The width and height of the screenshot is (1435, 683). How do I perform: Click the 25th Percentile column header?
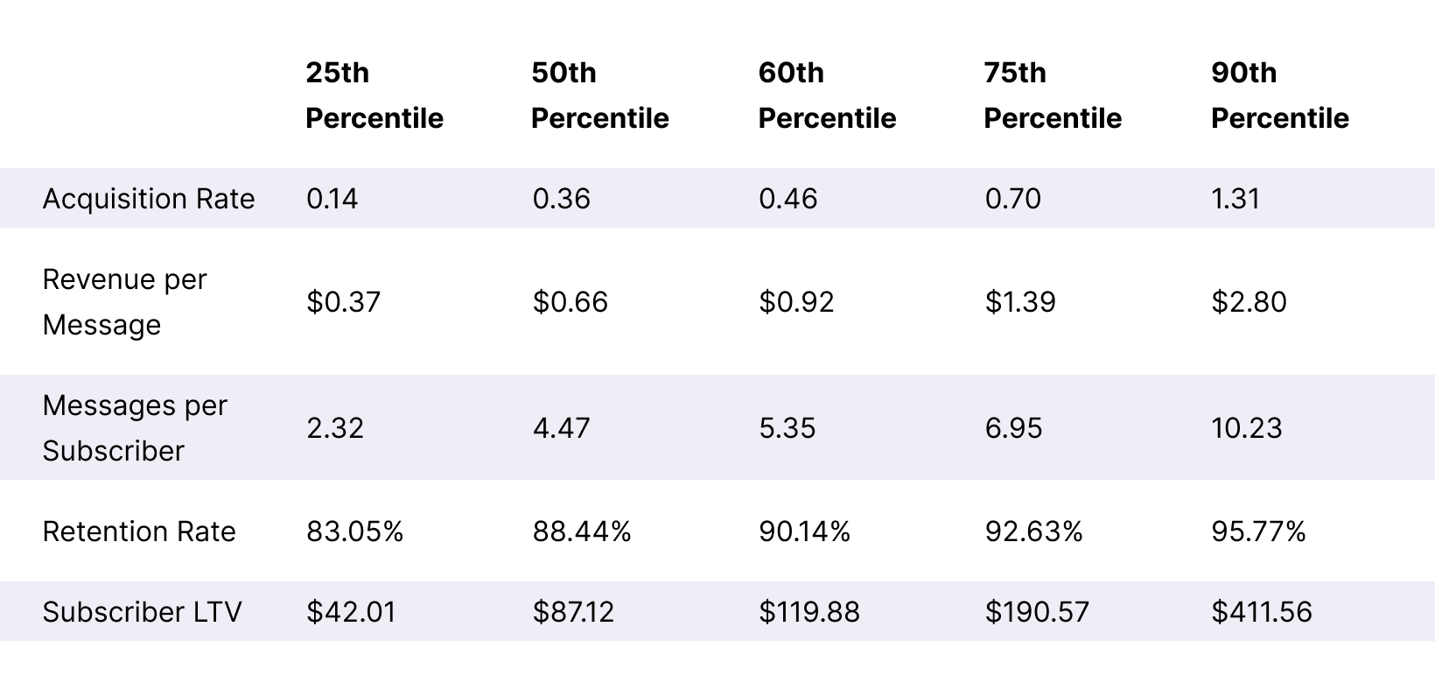[374, 95]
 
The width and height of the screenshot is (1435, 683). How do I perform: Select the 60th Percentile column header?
[827, 95]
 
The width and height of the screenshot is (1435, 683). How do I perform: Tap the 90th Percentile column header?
[1279, 95]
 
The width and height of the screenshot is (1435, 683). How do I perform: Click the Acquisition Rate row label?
[149, 199]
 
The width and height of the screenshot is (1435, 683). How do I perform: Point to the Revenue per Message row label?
[124, 302]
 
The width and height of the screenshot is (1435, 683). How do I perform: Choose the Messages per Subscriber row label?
[135, 428]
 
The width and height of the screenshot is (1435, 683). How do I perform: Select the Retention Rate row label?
[139, 532]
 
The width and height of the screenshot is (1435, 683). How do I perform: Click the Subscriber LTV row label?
[142, 611]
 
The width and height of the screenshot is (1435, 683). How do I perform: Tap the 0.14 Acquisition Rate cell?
[332, 199]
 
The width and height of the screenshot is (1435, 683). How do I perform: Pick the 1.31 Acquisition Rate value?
[1235, 199]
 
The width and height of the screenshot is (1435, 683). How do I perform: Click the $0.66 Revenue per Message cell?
[570, 302]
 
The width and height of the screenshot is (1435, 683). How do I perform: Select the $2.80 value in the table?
[1249, 302]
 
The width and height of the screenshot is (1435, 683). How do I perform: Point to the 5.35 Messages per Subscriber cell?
[787, 428]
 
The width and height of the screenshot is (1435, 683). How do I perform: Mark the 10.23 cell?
[1247, 428]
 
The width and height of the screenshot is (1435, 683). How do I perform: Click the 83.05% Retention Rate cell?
[354, 532]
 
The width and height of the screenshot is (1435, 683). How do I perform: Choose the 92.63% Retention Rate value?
[1033, 532]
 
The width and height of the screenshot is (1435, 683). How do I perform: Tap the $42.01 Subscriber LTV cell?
[351, 611]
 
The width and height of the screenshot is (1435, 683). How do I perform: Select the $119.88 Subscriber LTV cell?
[808, 611]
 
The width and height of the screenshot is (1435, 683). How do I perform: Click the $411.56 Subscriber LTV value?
[1262, 611]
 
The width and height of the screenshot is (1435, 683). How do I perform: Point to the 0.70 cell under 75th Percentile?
[1012, 199]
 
